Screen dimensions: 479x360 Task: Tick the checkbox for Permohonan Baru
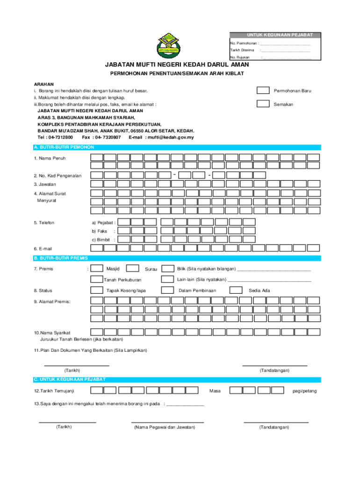(264, 90)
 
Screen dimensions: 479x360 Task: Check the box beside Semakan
(264, 104)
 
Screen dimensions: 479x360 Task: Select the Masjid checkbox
(97, 269)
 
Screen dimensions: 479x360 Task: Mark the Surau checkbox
(133, 269)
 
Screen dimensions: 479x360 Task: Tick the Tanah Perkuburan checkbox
(97, 280)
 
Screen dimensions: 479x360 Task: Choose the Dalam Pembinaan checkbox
(167, 290)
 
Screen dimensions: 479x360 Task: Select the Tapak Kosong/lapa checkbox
(97, 290)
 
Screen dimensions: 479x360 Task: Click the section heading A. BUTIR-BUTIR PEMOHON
(61, 147)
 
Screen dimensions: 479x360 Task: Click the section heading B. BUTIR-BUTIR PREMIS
(60, 258)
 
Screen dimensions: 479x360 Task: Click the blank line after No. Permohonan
(285, 44)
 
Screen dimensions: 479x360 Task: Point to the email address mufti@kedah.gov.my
(171, 138)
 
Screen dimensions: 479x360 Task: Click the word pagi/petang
(304, 391)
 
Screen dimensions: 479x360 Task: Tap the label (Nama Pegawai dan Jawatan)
(164, 427)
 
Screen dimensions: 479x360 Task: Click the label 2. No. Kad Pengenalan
(57, 175)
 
